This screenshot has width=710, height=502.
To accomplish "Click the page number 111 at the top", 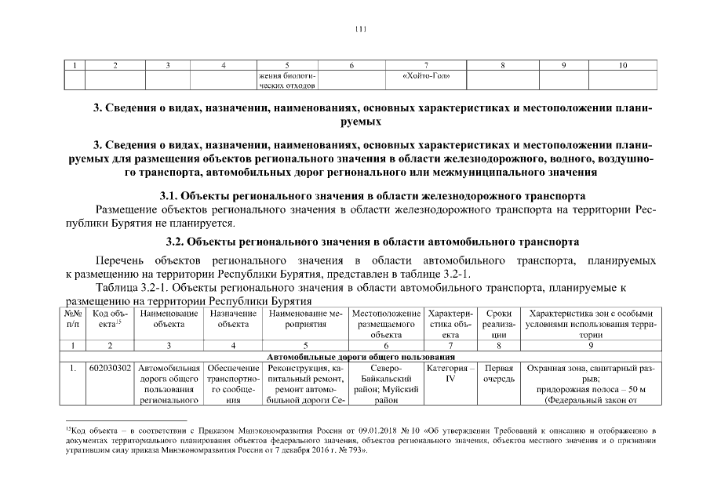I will [360, 30].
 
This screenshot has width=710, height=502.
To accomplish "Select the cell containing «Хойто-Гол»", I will [431, 76].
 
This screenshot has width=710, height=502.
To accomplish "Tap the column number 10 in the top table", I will [621, 65].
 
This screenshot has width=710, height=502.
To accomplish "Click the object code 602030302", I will [109, 367].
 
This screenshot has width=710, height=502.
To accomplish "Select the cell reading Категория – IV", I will [450, 373].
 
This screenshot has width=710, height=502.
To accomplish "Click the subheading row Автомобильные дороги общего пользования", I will [361, 356].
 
